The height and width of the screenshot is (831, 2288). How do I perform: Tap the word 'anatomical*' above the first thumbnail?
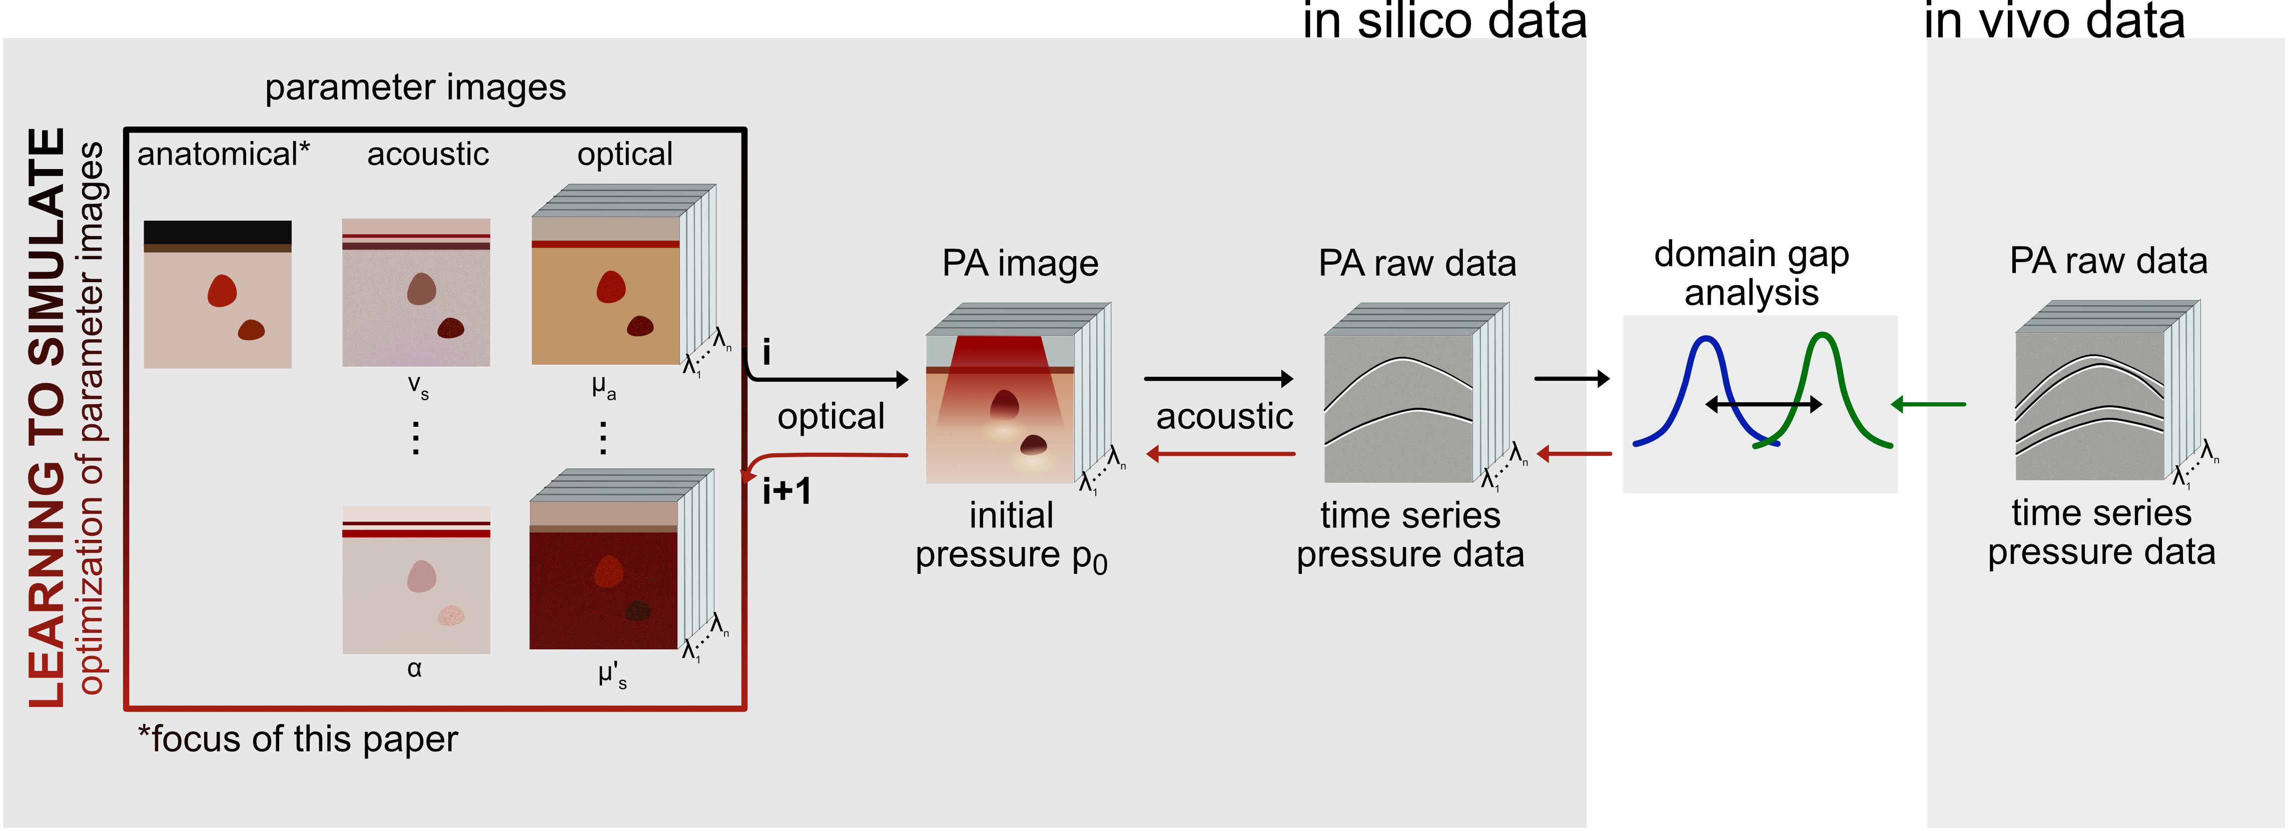223,155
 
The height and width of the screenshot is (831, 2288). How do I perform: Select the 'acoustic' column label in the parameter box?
428,155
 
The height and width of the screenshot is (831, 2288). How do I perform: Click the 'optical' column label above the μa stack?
624,155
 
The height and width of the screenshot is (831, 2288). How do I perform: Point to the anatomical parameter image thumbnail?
218,294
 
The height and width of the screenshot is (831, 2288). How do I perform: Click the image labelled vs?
416,293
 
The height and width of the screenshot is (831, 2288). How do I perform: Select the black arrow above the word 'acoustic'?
1219,379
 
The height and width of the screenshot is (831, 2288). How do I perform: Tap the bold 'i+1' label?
786,491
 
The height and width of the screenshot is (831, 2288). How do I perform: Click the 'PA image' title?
1020,264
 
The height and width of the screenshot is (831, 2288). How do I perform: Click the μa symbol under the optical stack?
604,388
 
